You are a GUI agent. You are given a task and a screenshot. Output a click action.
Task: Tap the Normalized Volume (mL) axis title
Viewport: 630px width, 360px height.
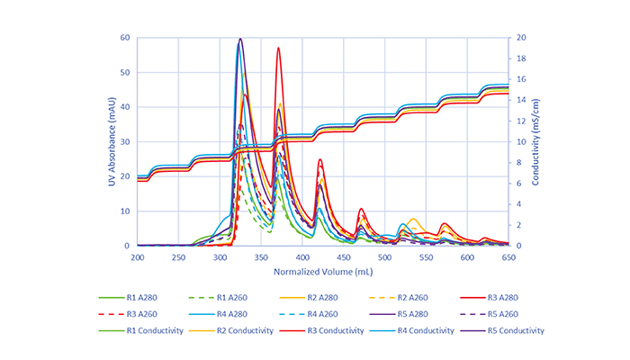point(323,271)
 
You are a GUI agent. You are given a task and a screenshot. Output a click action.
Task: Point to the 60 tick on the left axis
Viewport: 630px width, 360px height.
point(126,38)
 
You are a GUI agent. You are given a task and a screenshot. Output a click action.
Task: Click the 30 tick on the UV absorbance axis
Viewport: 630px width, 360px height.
point(126,142)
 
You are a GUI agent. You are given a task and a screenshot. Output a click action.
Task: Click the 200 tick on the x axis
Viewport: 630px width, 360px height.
point(138,257)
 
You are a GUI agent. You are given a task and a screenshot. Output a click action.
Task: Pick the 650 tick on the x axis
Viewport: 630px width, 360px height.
point(508,257)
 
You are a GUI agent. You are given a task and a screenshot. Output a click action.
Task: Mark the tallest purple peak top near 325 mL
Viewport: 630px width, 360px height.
point(240,39)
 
